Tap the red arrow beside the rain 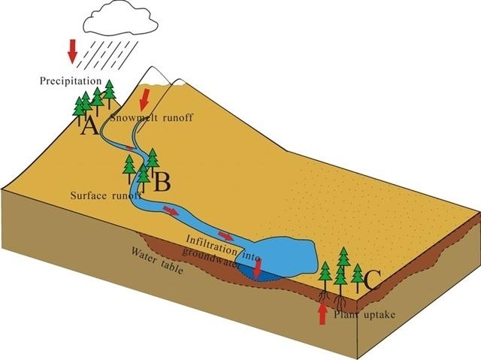pos(73,51)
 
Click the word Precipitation pos(71,81)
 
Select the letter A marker pos(89,126)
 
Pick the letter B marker pos(162,182)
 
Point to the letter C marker pos(373,280)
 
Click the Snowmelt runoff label pos(152,118)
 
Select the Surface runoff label pos(106,195)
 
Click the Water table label pos(157,261)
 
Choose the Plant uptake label pos(365,314)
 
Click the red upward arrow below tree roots pos(322,313)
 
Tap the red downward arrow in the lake pos(258,268)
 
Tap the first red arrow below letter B pos(171,211)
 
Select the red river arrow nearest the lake pos(225,236)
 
